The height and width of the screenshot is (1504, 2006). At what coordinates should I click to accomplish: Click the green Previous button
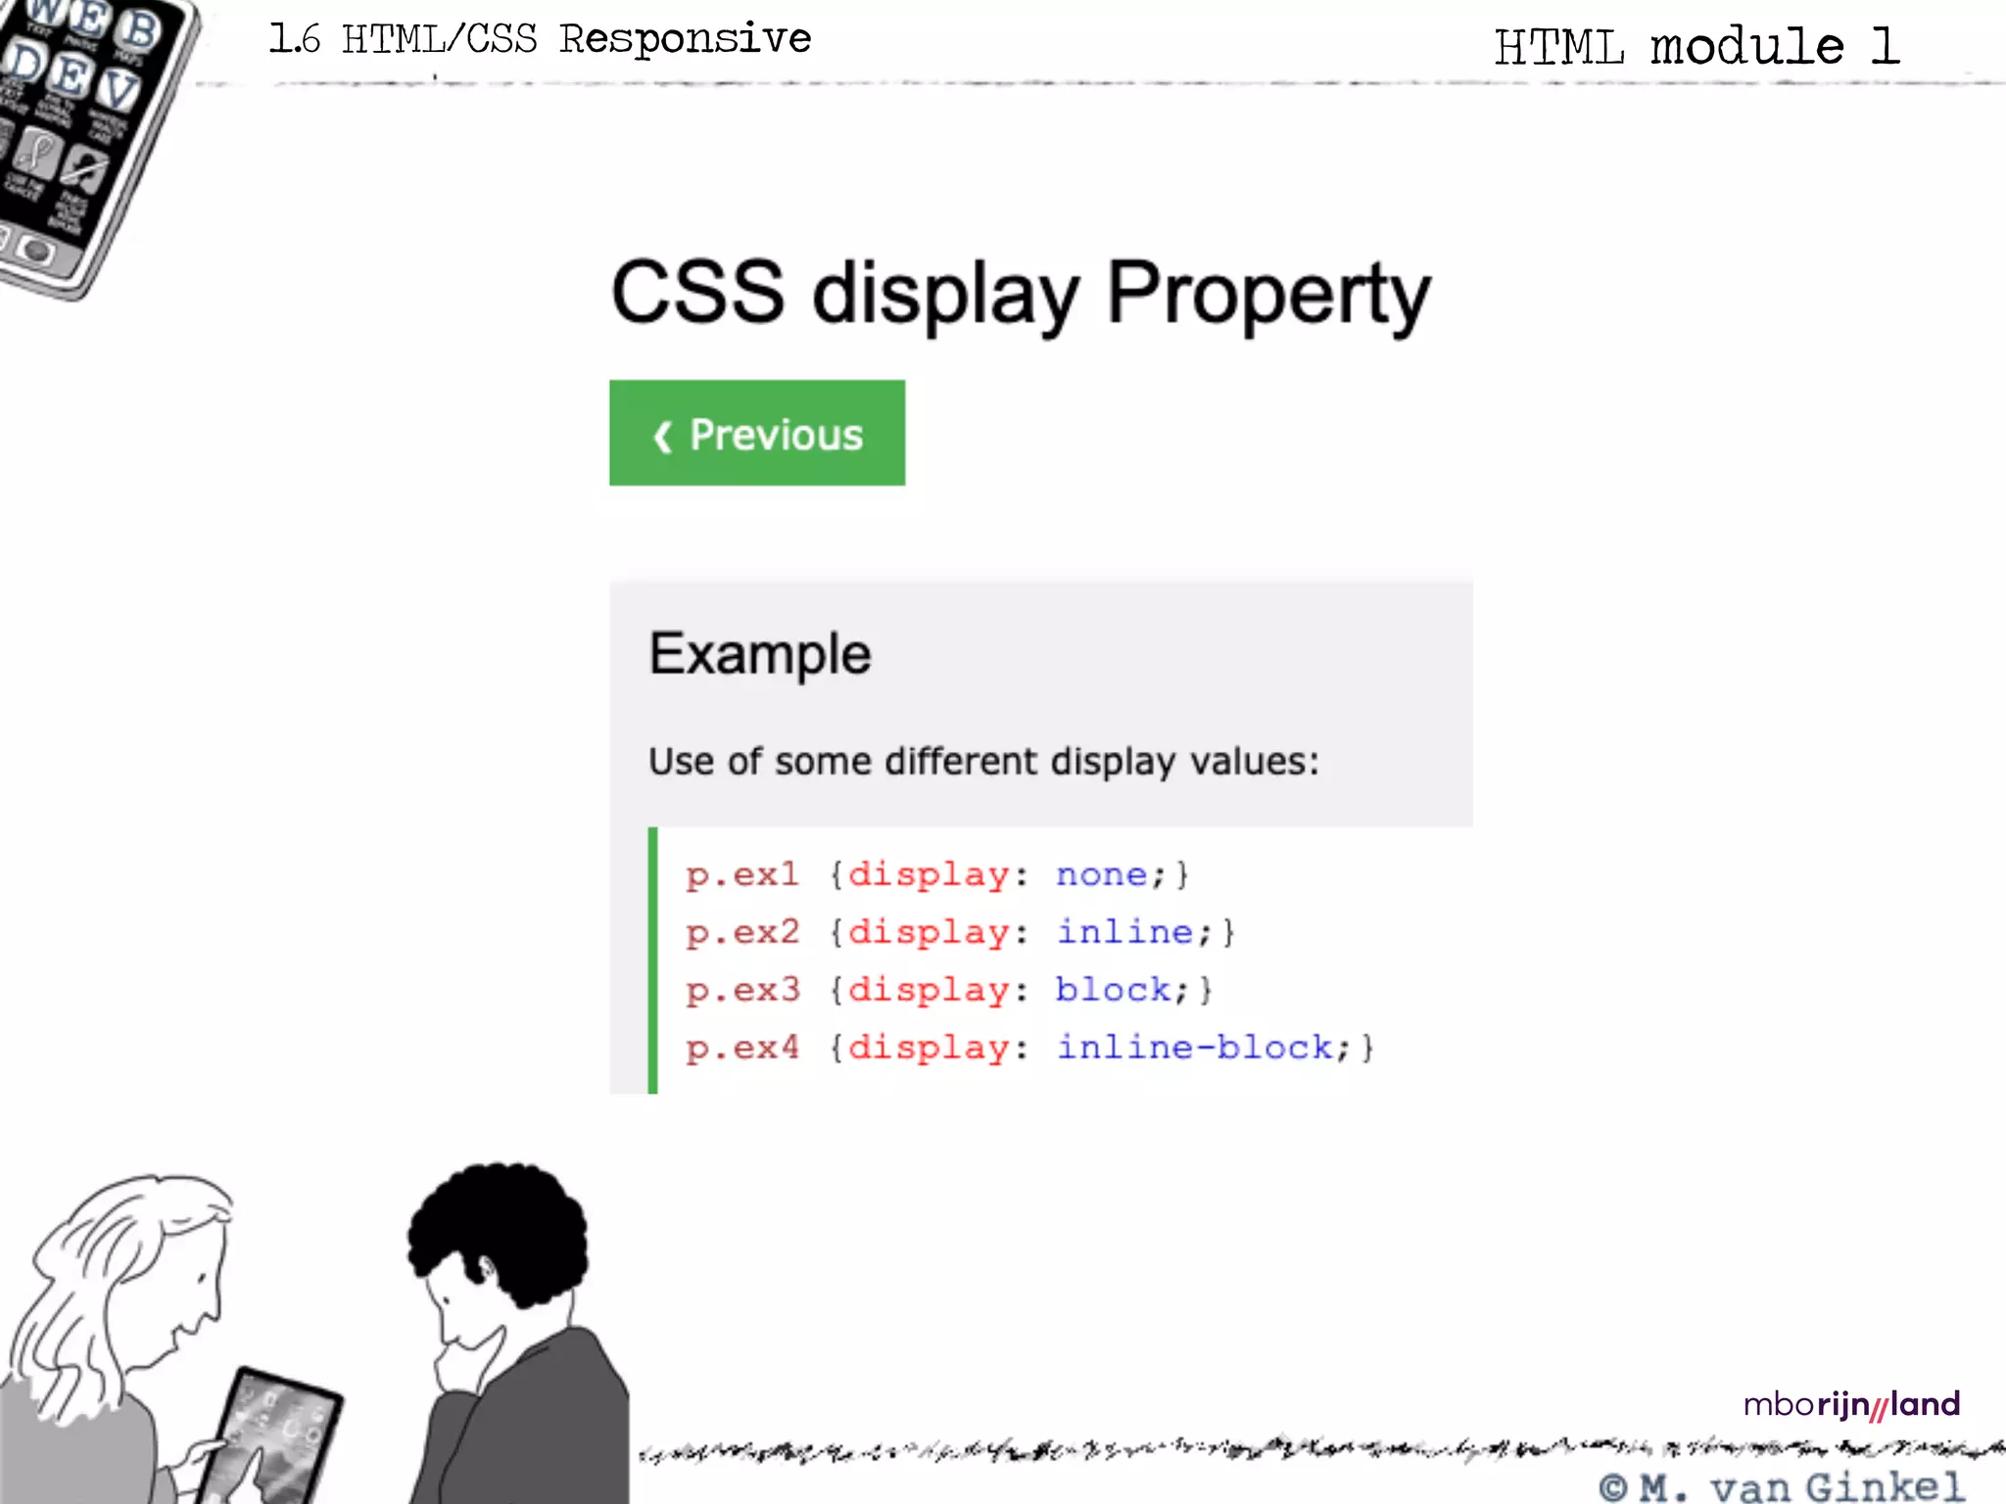(x=757, y=433)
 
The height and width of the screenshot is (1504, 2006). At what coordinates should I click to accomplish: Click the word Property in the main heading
(x=1268, y=294)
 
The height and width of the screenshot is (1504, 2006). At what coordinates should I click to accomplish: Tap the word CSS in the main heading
(x=697, y=292)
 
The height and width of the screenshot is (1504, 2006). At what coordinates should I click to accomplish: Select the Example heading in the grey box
(x=760, y=654)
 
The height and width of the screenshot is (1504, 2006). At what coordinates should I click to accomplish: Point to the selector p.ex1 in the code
(x=741, y=874)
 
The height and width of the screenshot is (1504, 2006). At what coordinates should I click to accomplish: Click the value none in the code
(x=1101, y=874)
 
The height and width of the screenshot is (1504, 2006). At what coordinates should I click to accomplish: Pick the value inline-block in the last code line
(x=1195, y=1048)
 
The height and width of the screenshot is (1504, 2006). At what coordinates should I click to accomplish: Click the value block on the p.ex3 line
(x=1113, y=990)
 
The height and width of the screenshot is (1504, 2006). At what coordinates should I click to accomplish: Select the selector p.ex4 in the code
(x=741, y=1048)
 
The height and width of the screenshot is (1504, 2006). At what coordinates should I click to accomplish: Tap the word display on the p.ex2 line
(x=928, y=932)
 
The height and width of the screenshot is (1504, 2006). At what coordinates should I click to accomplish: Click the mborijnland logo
(x=1851, y=1405)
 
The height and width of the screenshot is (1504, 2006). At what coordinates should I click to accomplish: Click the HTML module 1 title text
(x=1696, y=47)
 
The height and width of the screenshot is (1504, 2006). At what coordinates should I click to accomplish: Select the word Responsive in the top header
(x=685, y=39)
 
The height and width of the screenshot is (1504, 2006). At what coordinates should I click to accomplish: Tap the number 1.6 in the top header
(x=294, y=39)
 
